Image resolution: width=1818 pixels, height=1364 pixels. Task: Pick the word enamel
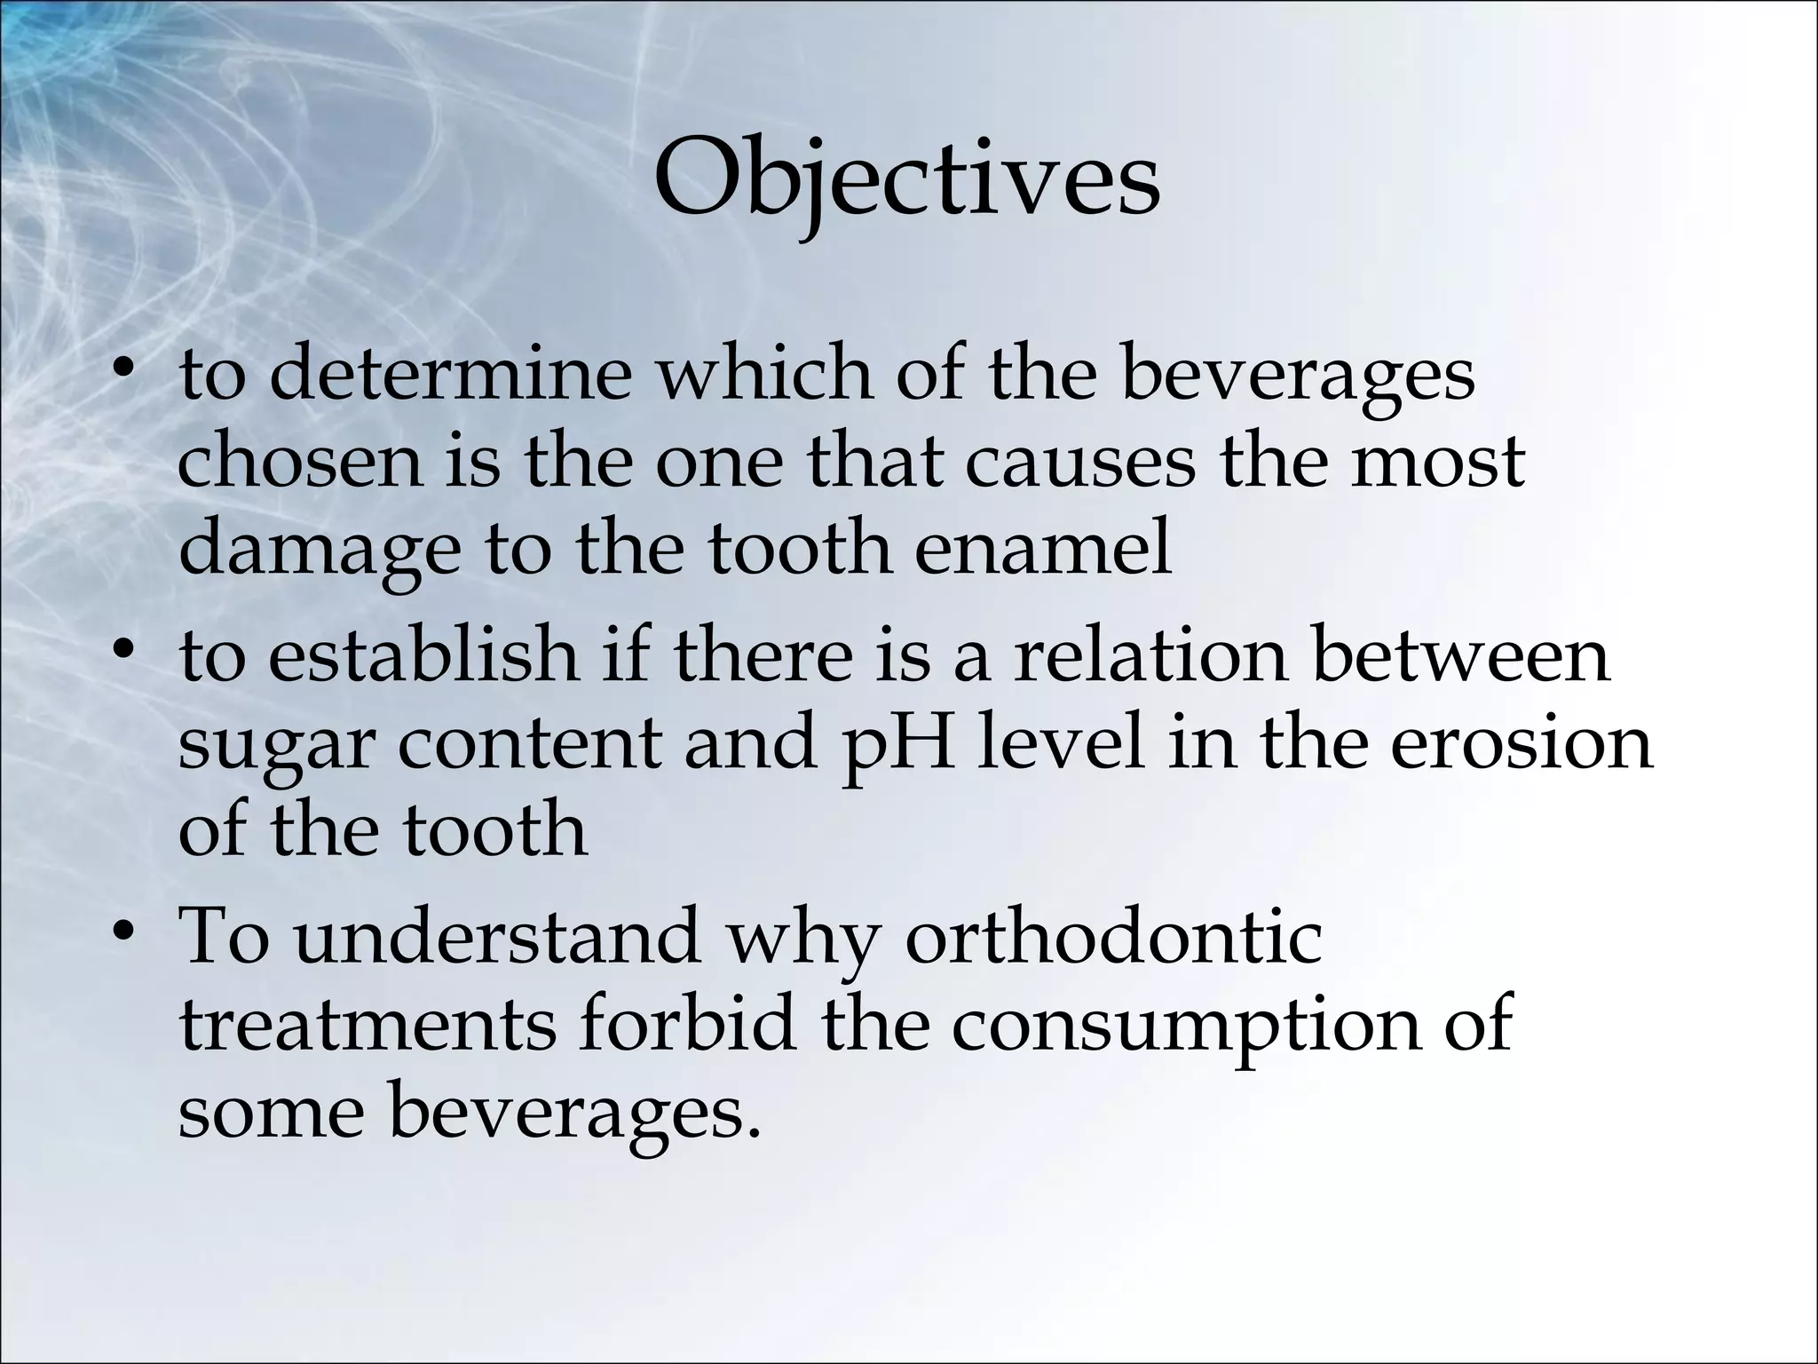(x=1043, y=548)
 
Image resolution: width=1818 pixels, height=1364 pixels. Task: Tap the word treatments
(x=368, y=1026)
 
